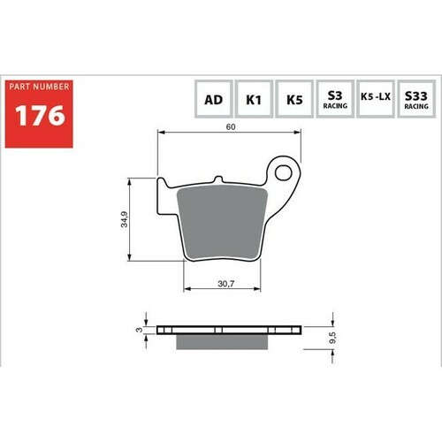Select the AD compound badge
tap(212, 100)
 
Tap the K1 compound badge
tap(253, 100)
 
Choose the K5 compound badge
tap(293, 100)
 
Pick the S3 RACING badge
tap(334, 100)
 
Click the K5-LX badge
tap(375, 100)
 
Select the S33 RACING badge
tap(415, 100)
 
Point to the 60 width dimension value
tap(230, 127)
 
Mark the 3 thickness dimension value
tap(138, 329)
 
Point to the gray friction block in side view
tap(222, 340)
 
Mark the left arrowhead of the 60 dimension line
tap(160, 133)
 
